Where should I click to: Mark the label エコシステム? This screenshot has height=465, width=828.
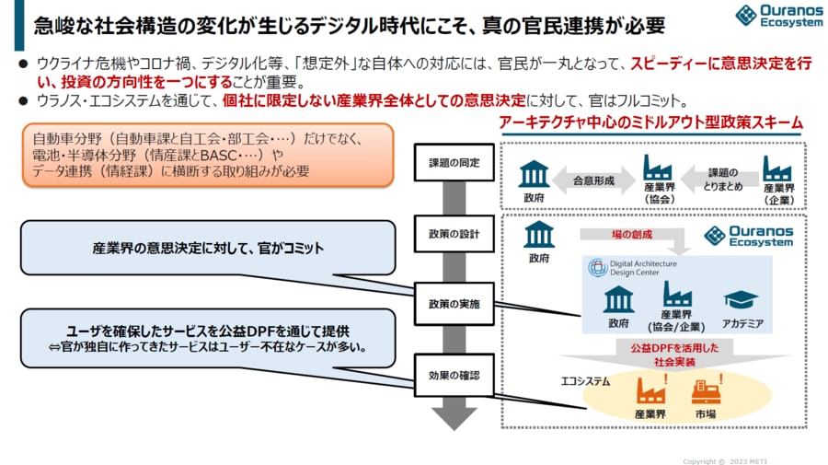point(585,378)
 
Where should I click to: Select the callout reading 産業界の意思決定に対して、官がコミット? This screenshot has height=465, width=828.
point(208,249)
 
